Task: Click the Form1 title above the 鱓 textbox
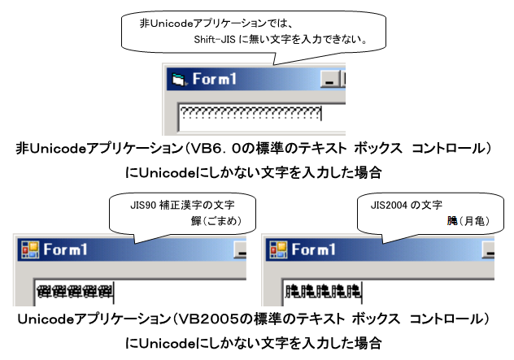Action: coord(66,249)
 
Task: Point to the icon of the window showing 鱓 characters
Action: coord(29,249)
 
